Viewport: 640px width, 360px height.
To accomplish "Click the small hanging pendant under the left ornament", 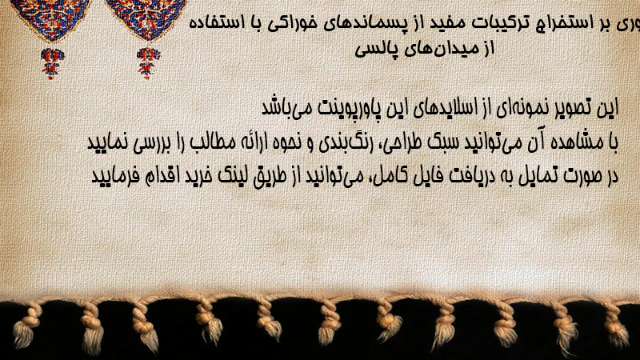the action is click(x=52, y=63).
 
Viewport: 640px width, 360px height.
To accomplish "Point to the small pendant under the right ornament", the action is click(x=148, y=63).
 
